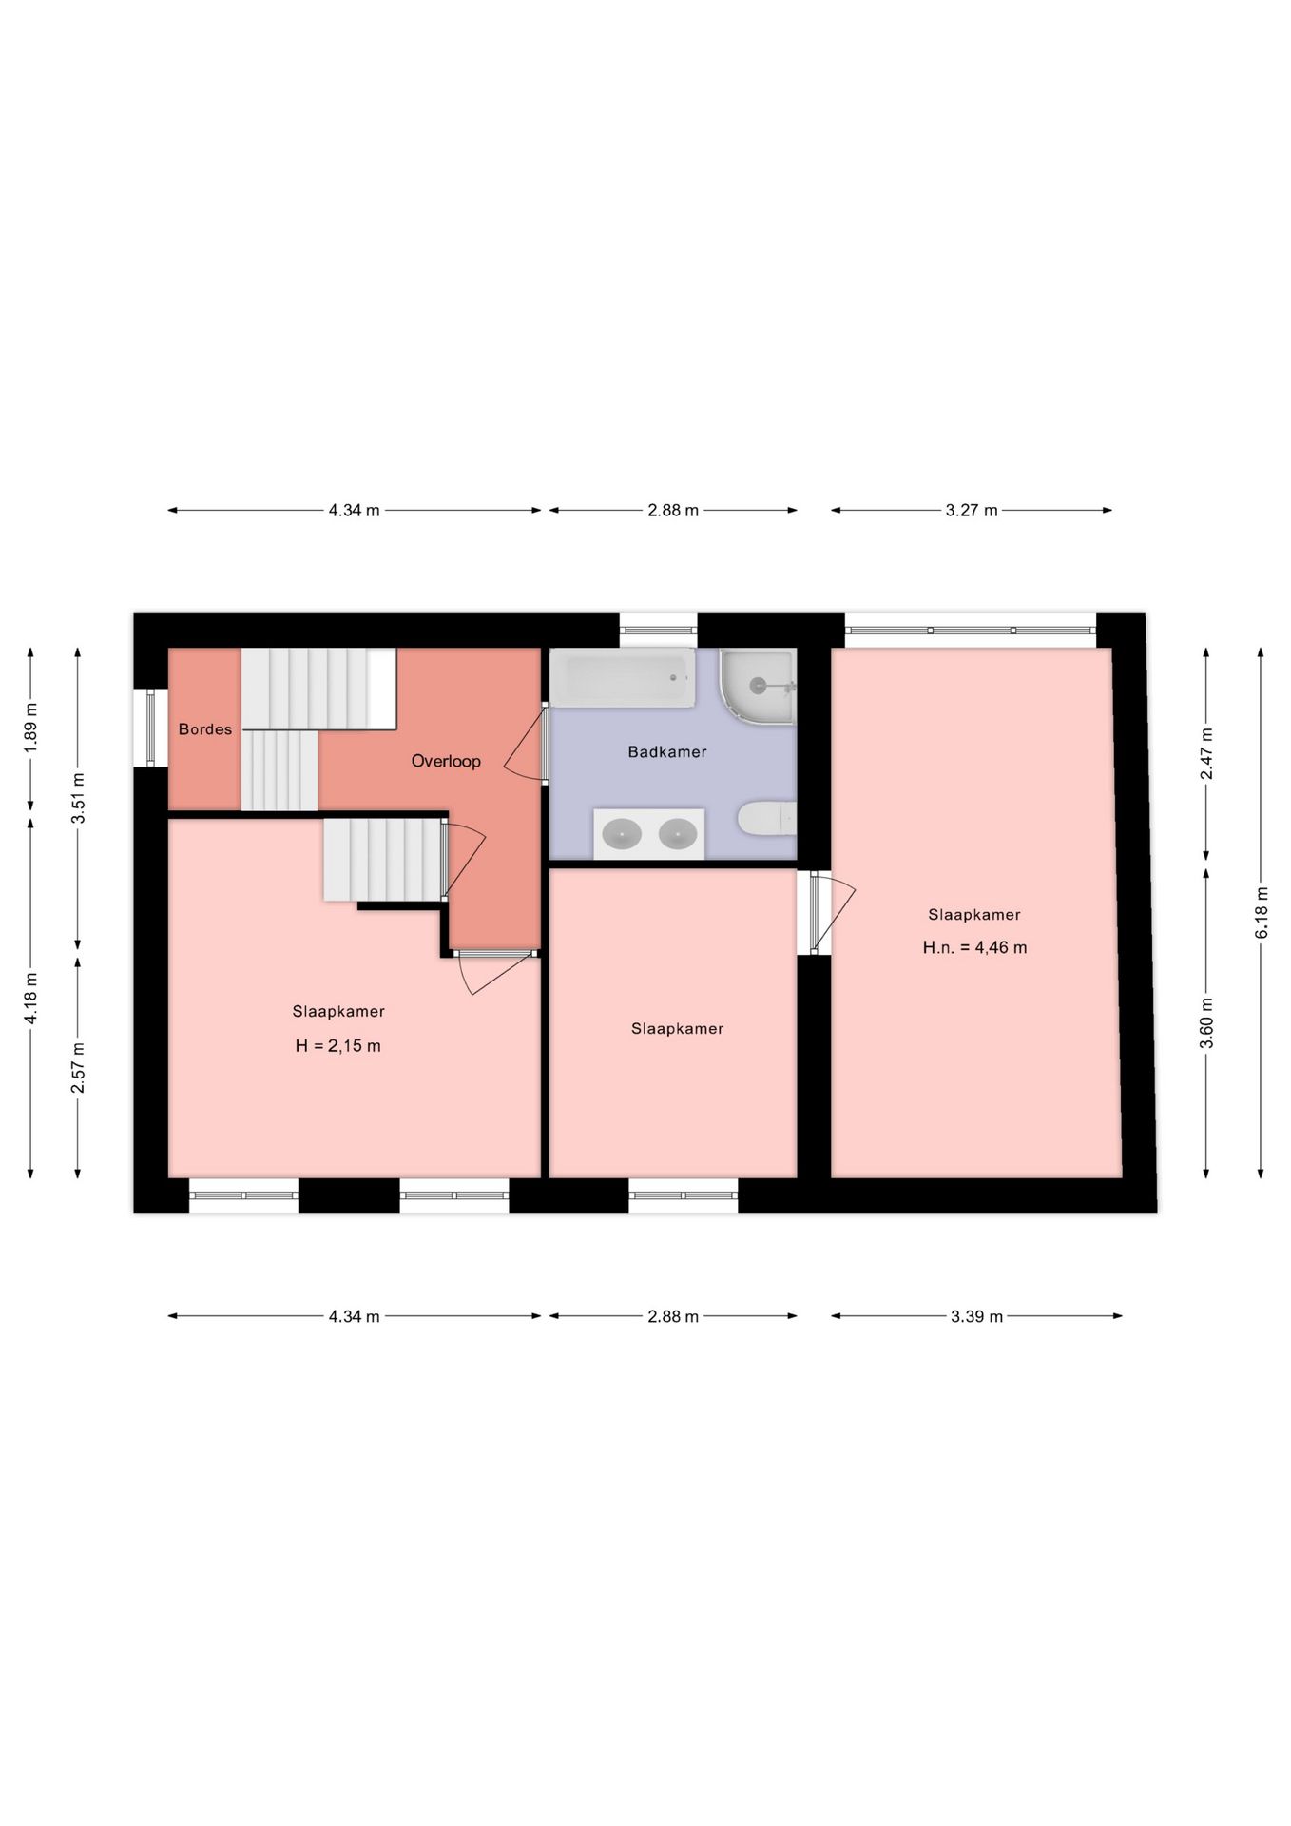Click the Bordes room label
click(204, 729)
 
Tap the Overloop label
click(446, 761)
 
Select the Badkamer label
click(666, 752)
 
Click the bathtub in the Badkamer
click(622, 678)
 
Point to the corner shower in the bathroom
click(758, 685)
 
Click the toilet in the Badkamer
click(766, 818)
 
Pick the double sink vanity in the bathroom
click(649, 834)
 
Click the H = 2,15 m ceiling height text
click(337, 1046)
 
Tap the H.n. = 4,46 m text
click(974, 947)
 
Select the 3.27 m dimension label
click(971, 511)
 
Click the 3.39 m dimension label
click(976, 1317)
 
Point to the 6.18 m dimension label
click(1262, 913)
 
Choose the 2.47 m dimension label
click(1206, 753)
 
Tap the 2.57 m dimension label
click(78, 1067)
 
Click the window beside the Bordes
click(150, 728)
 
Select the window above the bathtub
click(658, 629)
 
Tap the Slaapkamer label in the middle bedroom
click(677, 1028)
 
